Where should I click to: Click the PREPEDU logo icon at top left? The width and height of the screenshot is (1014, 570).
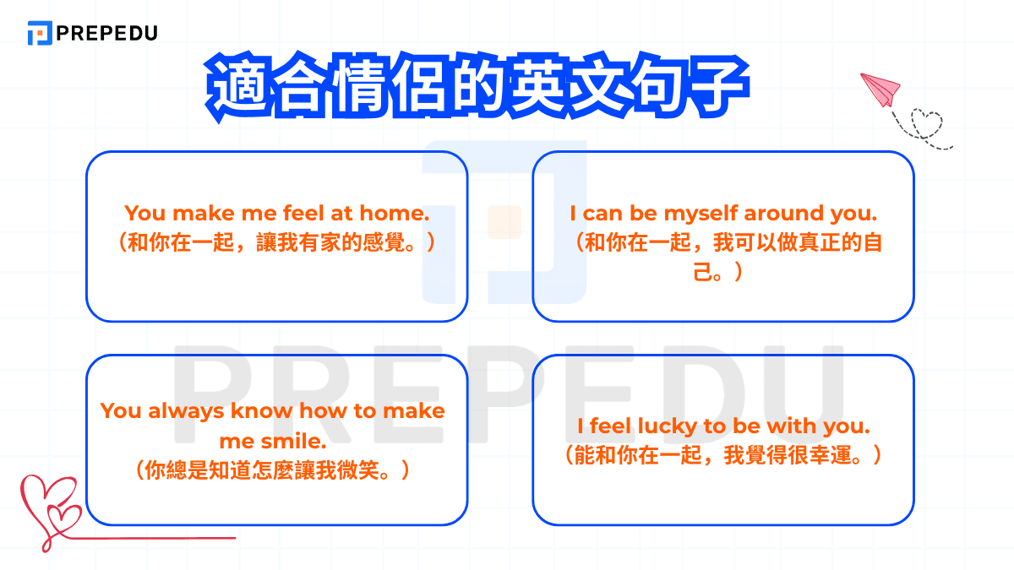point(40,33)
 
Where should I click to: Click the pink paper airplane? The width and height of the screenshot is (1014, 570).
point(880,88)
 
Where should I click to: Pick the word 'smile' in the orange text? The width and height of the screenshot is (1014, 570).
point(297,441)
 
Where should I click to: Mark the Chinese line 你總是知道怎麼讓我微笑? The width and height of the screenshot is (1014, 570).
point(276,470)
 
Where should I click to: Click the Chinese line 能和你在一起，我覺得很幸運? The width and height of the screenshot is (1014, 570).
point(723,456)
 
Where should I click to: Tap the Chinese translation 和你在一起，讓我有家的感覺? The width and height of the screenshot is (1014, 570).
point(276,243)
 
